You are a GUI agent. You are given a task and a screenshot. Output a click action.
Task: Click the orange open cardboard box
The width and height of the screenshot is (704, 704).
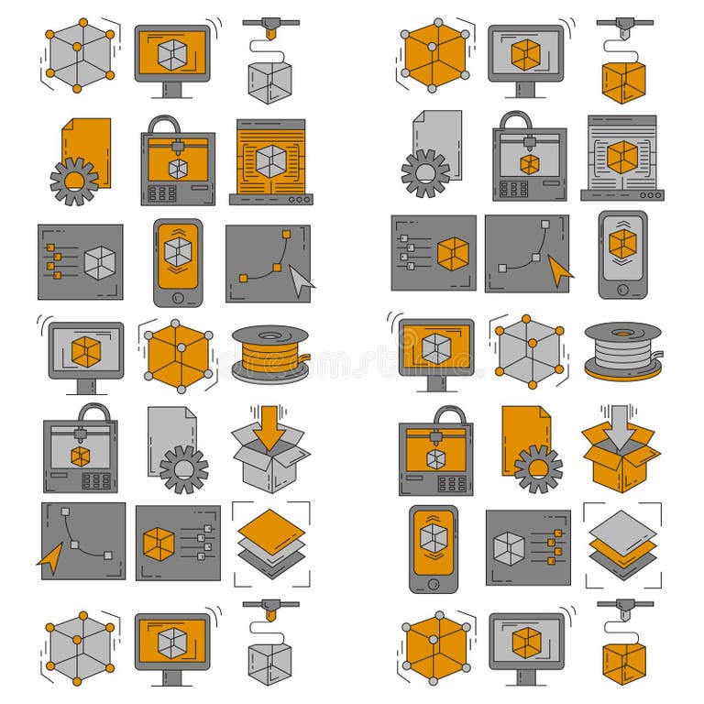pos(621,456)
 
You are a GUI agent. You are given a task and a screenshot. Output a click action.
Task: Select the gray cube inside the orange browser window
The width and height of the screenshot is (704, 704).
pos(270,160)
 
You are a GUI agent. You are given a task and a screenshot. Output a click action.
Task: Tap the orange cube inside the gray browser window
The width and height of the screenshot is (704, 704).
pos(622,157)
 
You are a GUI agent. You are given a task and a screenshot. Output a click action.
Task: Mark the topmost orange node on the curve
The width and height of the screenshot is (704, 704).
pos(285,234)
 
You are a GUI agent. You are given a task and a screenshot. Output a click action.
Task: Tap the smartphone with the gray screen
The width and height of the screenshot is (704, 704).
pos(622,254)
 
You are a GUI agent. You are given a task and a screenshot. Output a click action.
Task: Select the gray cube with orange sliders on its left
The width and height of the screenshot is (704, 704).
pos(100,263)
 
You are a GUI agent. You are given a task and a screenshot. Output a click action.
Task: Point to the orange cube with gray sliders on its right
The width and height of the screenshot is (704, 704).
pos(159,544)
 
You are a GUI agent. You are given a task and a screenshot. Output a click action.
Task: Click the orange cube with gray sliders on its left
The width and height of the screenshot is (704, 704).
pos(452,254)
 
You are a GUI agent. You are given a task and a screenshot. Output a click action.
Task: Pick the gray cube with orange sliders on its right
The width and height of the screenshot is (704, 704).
pos(509,548)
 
